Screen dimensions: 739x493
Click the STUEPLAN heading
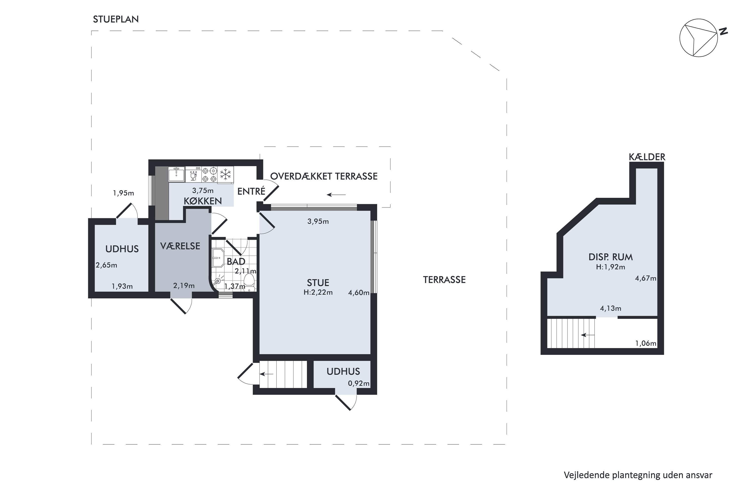coord(116,19)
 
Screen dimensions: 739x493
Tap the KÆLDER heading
coord(647,157)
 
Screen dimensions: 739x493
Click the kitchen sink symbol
coord(177,174)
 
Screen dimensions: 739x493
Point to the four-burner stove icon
coord(209,175)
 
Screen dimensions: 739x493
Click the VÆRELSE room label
coord(180,246)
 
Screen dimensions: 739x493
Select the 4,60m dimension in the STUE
coord(358,293)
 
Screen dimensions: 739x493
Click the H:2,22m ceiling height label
coord(318,292)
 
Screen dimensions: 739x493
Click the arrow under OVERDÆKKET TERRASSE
coord(336,195)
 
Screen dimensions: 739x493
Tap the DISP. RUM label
coord(610,257)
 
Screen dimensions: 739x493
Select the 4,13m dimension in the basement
coord(610,308)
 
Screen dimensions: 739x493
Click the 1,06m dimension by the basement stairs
coord(646,343)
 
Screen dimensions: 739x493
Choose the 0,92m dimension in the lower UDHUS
coord(358,383)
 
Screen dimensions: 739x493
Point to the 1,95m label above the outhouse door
coord(123,193)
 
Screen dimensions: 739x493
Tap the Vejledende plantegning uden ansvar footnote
coord(638,475)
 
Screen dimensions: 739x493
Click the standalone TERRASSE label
coord(444,280)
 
